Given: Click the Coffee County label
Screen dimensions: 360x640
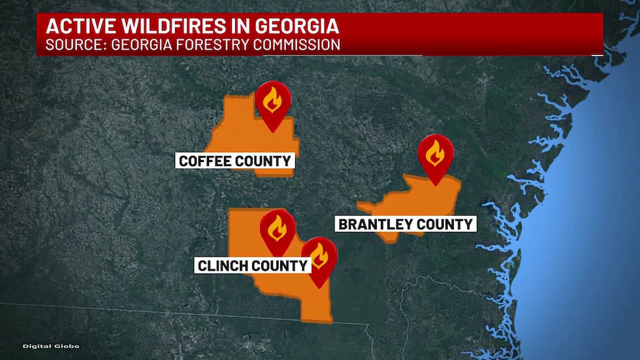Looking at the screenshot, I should click(234, 161).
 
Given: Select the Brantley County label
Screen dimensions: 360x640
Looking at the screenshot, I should click(405, 224).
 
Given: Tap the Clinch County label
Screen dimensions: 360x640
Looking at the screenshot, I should click(252, 265).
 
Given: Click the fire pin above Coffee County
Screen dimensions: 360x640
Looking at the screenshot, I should click(272, 102).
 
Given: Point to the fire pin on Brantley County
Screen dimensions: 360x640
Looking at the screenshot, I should click(435, 155).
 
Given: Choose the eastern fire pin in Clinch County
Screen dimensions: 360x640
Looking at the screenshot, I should click(319, 257).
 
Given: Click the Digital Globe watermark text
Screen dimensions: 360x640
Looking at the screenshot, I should click(51, 346).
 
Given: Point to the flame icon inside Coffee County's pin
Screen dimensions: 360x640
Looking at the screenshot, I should click(272, 100).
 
